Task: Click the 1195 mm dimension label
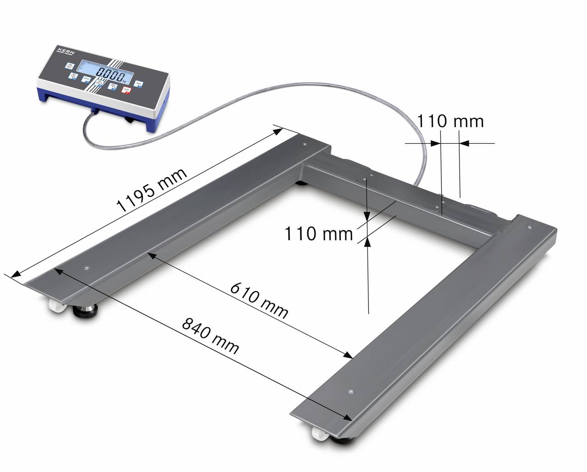(152, 190)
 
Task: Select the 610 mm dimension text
(259, 301)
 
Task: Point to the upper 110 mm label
(450, 121)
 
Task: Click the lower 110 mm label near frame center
(319, 234)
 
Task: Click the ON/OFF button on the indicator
(70, 66)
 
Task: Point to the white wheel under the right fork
(317, 433)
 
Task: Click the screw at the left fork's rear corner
(305, 144)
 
